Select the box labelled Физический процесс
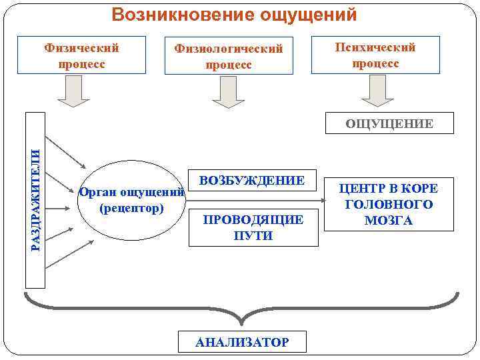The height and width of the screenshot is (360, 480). [x=81, y=55]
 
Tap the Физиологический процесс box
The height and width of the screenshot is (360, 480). [x=228, y=57]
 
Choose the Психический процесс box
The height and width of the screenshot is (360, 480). [x=375, y=55]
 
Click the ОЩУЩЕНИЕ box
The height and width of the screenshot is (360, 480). [x=389, y=123]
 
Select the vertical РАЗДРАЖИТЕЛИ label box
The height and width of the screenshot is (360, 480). [x=36, y=200]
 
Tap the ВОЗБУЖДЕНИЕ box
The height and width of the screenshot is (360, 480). [x=251, y=181]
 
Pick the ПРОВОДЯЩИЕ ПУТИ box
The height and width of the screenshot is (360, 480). [x=253, y=227]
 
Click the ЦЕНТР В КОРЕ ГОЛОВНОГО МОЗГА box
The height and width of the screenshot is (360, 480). [x=388, y=204]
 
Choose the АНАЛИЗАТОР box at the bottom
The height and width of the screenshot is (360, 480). [x=242, y=341]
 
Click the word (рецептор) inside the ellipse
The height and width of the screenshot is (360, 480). [x=131, y=209]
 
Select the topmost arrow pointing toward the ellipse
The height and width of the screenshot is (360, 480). [x=67, y=154]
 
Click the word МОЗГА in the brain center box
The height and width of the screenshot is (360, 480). [x=388, y=221]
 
